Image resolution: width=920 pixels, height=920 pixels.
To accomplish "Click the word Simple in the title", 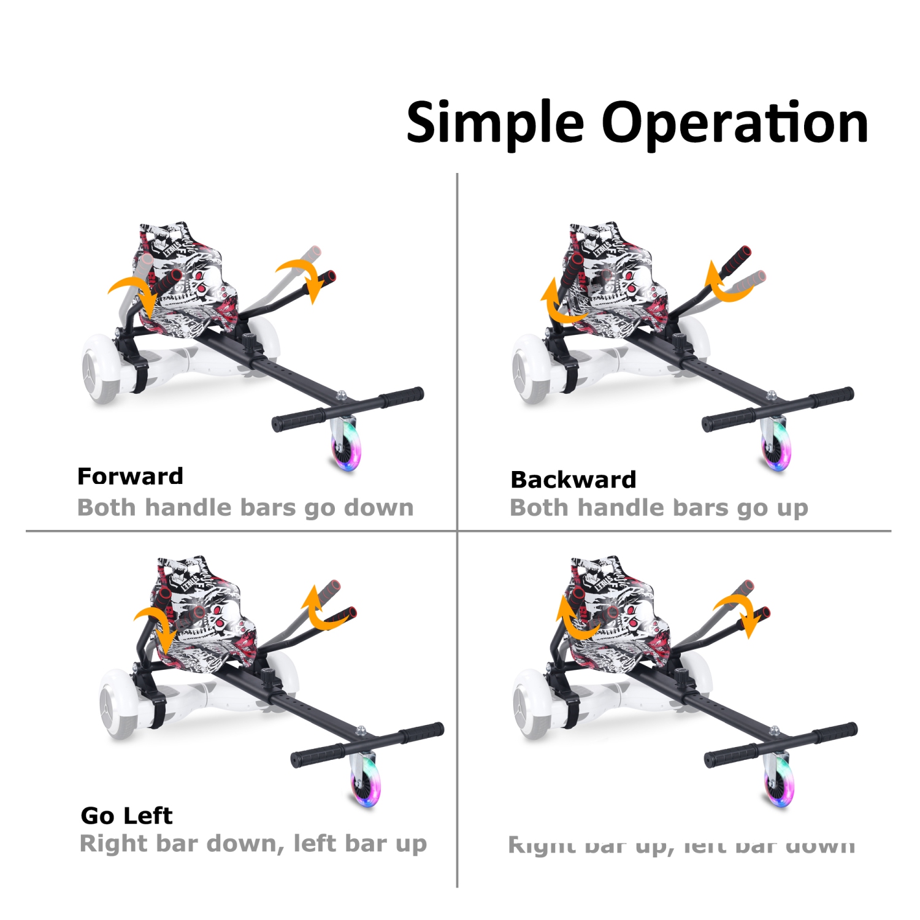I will (494, 123).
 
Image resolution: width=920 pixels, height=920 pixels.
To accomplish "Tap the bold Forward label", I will (130, 477).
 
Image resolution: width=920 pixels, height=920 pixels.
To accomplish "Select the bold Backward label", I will (573, 480).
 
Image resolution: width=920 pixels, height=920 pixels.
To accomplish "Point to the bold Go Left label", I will (126, 816).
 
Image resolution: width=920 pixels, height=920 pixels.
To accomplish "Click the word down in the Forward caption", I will (378, 508).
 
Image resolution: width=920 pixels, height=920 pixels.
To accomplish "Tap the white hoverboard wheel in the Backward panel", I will (531, 369).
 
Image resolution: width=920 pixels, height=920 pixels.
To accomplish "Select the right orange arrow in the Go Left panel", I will (323, 610).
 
